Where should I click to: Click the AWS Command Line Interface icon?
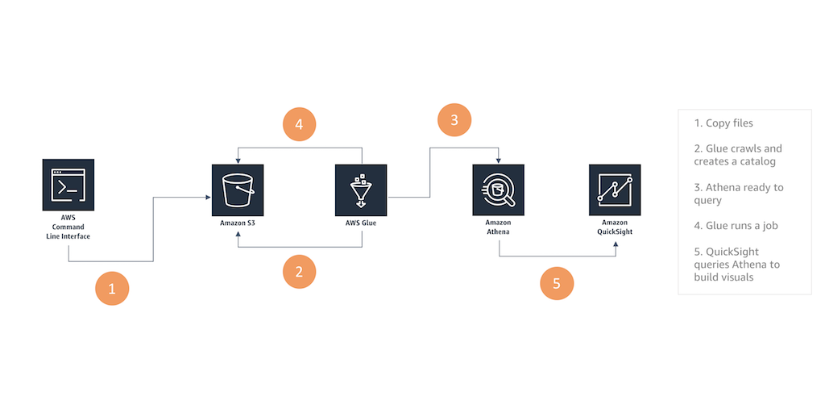click(x=68, y=185)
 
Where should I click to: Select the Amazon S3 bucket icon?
click(x=238, y=190)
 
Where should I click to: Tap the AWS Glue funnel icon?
click(x=361, y=190)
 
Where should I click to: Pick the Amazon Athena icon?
click(x=499, y=190)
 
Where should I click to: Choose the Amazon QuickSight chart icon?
click(x=615, y=190)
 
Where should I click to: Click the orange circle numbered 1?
click(x=112, y=287)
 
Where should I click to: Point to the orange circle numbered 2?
click(x=299, y=271)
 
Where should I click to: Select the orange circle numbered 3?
click(x=454, y=120)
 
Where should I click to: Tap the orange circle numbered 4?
click(x=299, y=125)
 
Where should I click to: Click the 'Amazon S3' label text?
click(x=238, y=223)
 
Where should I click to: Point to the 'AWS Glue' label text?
click(x=361, y=223)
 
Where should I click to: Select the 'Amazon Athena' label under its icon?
click(x=499, y=227)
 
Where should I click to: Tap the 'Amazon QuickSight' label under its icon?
click(x=615, y=227)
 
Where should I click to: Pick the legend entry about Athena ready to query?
click(x=738, y=194)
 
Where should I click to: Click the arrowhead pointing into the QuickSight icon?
click(x=617, y=253)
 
